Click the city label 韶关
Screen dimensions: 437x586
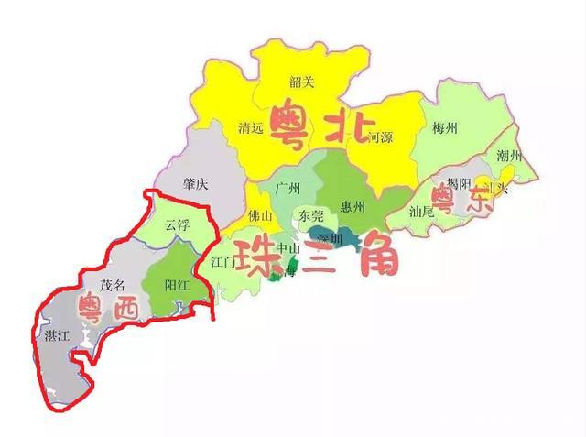301,82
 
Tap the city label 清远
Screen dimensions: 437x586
249,128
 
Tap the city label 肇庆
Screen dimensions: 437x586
196,184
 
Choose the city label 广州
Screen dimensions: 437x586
287,189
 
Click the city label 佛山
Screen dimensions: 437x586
261,217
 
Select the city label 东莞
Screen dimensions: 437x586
311,216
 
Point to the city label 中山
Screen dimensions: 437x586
288,247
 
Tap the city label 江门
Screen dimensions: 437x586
224,262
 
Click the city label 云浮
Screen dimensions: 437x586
177,224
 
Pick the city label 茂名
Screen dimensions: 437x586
112,285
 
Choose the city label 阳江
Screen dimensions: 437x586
176,285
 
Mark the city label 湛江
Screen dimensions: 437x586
57,335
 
